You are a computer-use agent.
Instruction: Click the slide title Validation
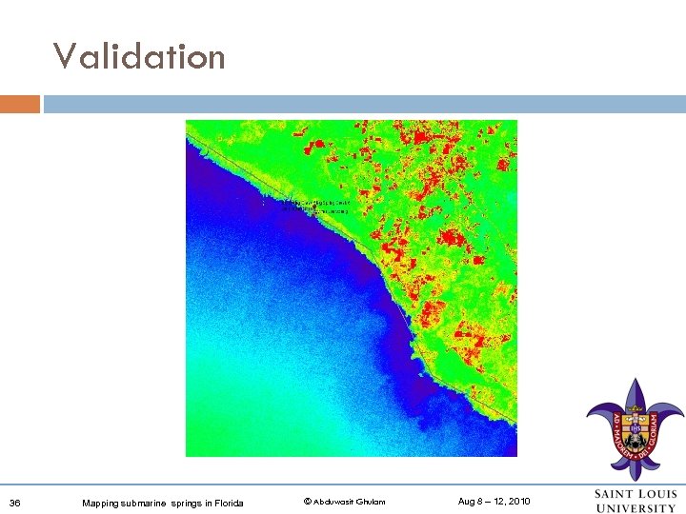pos(139,57)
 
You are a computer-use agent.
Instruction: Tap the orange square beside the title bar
pos(20,104)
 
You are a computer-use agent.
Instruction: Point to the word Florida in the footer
pos(229,503)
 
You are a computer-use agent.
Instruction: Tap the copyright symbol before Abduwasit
pos(307,502)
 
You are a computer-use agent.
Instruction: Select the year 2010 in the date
pos(519,502)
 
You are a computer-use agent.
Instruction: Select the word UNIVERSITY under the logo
pos(636,508)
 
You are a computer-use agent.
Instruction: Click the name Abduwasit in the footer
pos(333,502)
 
